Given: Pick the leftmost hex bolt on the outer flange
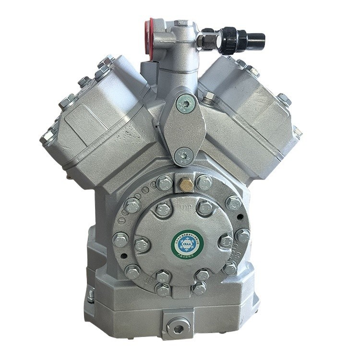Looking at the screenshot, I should point(120,239).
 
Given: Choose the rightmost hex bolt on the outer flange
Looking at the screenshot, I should point(242,236).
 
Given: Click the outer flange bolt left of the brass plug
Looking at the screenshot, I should point(164,183).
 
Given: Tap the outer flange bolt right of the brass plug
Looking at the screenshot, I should point(204,183).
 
